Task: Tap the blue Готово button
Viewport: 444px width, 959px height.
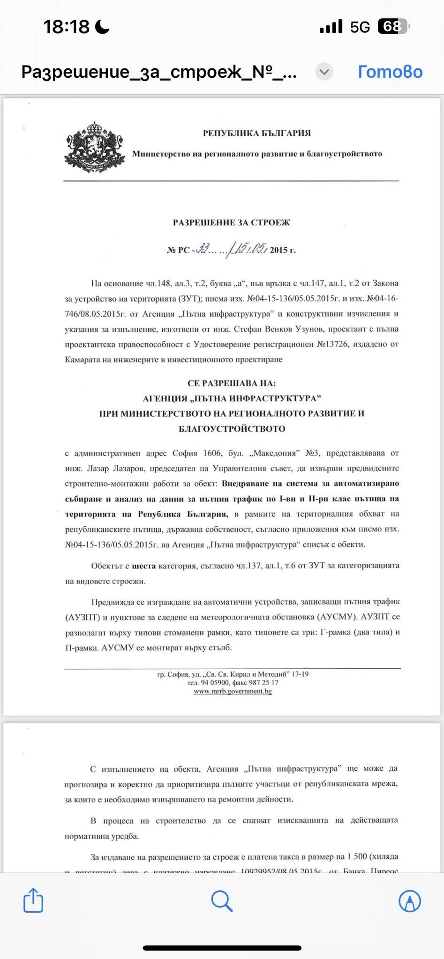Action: tap(390, 72)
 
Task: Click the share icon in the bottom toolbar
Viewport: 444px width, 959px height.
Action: tap(33, 900)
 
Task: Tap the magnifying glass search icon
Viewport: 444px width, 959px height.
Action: tap(222, 900)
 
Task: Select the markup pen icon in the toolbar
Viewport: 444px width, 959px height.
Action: tap(410, 900)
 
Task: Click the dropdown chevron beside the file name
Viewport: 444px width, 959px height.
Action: tap(324, 72)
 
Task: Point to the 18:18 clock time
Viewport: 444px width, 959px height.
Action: tap(66, 27)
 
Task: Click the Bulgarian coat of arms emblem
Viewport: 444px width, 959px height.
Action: tap(95, 147)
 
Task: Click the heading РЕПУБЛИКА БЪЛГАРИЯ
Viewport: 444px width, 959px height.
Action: tap(256, 133)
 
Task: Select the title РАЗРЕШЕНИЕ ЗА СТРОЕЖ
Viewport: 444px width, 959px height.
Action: tap(231, 223)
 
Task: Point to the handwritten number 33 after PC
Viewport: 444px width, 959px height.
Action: tap(203, 249)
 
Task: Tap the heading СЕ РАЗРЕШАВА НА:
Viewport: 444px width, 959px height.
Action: tap(232, 384)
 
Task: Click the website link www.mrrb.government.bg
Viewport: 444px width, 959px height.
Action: tap(233, 691)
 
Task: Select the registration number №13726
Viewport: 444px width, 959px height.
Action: tap(332, 345)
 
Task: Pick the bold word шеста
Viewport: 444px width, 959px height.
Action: tap(143, 566)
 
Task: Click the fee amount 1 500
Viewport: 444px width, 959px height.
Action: tap(357, 856)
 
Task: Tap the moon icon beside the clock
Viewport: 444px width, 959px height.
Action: tap(102, 27)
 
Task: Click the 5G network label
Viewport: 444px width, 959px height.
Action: tap(360, 27)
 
